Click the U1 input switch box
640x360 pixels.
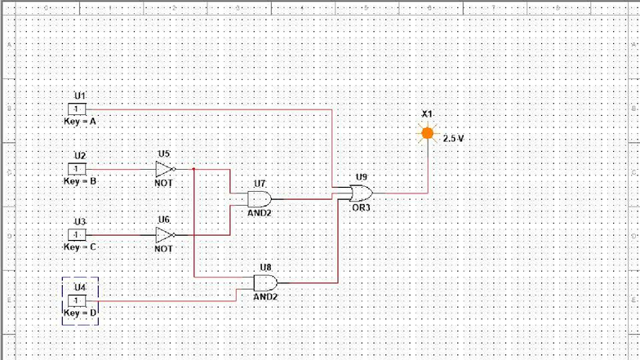(77, 109)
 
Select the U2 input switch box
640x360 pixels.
(77, 169)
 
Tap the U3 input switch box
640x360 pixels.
(77, 235)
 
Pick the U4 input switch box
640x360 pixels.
(77, 300)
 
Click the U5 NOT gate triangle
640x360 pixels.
(165, 169)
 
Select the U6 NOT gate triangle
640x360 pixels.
(165, 235)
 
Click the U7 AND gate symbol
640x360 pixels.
(260, 198)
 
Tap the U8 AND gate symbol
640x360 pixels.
(265, 283)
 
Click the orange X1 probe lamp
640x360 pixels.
(427, 133)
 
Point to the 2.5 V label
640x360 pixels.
(453, 139)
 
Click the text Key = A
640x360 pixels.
(81, 121)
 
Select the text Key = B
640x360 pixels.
(81, 181)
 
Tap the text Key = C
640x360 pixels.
(81, 247)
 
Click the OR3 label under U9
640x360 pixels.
(361, 207)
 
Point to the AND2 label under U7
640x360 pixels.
(260, 212)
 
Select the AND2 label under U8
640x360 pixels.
(265, 297)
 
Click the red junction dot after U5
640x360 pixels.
(193, 169)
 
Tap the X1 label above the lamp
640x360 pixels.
(427, 113)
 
